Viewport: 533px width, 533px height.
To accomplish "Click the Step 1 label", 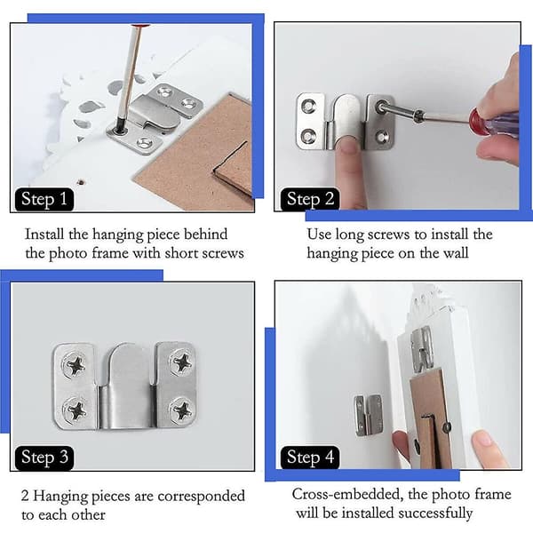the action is [x=44, y=199].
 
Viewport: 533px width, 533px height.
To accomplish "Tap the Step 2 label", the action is [x=310, y=199].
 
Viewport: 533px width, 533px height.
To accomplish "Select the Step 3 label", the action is [x=44, y=457].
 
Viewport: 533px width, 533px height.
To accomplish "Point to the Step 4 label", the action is [x=310, y=457].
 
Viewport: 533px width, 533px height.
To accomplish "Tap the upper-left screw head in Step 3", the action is [x=75, y=364].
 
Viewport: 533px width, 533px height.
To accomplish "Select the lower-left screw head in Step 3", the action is [x=76, y=410].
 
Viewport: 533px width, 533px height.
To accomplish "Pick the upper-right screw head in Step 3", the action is [x=181, y=362].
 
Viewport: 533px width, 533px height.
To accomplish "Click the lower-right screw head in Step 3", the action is [x=181, y=410].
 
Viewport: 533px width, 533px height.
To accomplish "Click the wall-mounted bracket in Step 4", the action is [x=368, y=416].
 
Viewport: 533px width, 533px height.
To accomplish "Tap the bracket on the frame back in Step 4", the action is [x=422, y=350].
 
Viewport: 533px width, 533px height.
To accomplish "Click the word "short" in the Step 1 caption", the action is [x=180, y=253].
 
